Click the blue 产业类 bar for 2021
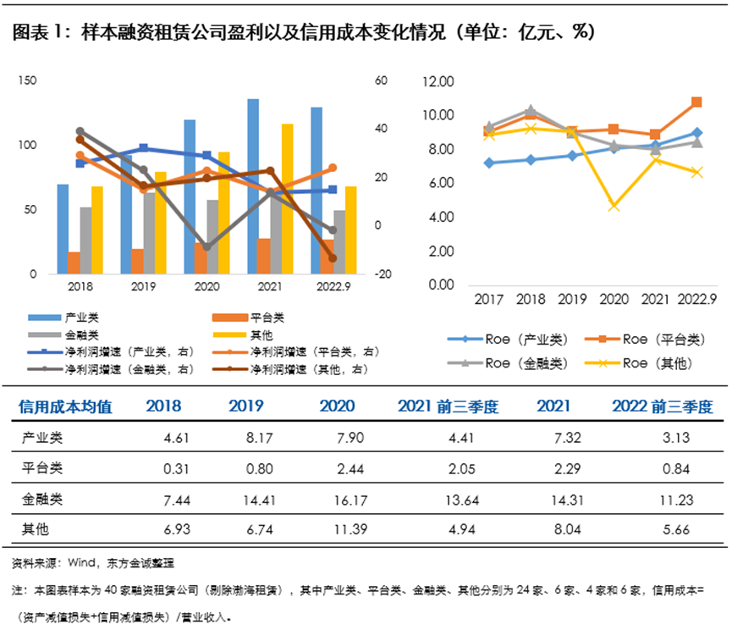[253, 186]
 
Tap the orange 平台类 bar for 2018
[74, 262]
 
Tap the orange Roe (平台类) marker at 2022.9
[696, 102]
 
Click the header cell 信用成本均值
[65, 406]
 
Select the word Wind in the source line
[81, 562]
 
